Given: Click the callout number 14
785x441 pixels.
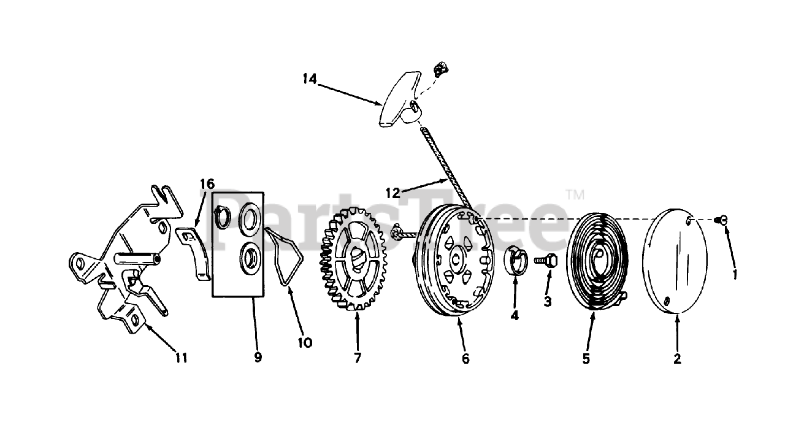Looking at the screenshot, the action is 310,79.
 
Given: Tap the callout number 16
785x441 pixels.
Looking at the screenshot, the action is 207,183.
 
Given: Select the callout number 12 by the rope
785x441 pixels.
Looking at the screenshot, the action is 392,193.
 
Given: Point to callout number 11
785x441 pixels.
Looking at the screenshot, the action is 181,358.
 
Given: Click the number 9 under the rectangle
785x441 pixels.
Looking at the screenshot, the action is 258,358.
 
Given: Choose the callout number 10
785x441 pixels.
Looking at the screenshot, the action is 305,342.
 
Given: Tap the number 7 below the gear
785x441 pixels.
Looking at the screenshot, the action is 357,358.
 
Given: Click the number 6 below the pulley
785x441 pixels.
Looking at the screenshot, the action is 465,359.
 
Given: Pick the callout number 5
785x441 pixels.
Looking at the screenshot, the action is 586,359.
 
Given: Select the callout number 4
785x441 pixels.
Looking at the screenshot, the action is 515,316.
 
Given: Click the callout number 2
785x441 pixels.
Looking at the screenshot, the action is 677,359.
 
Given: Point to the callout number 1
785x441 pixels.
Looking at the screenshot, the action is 735,275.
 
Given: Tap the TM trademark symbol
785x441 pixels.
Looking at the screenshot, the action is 575,194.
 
